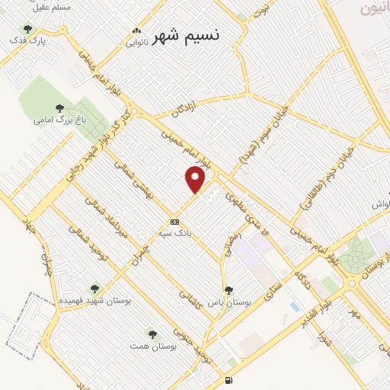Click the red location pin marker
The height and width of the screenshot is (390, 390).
pos(196,180)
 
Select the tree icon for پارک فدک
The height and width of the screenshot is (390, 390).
pos(27,29)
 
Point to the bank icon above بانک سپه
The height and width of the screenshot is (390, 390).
pos(175,222)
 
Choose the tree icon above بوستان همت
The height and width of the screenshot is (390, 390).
pos(151,334)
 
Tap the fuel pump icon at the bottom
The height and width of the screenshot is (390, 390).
pos(228,381)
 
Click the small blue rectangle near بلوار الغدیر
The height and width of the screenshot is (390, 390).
pos(294,307)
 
